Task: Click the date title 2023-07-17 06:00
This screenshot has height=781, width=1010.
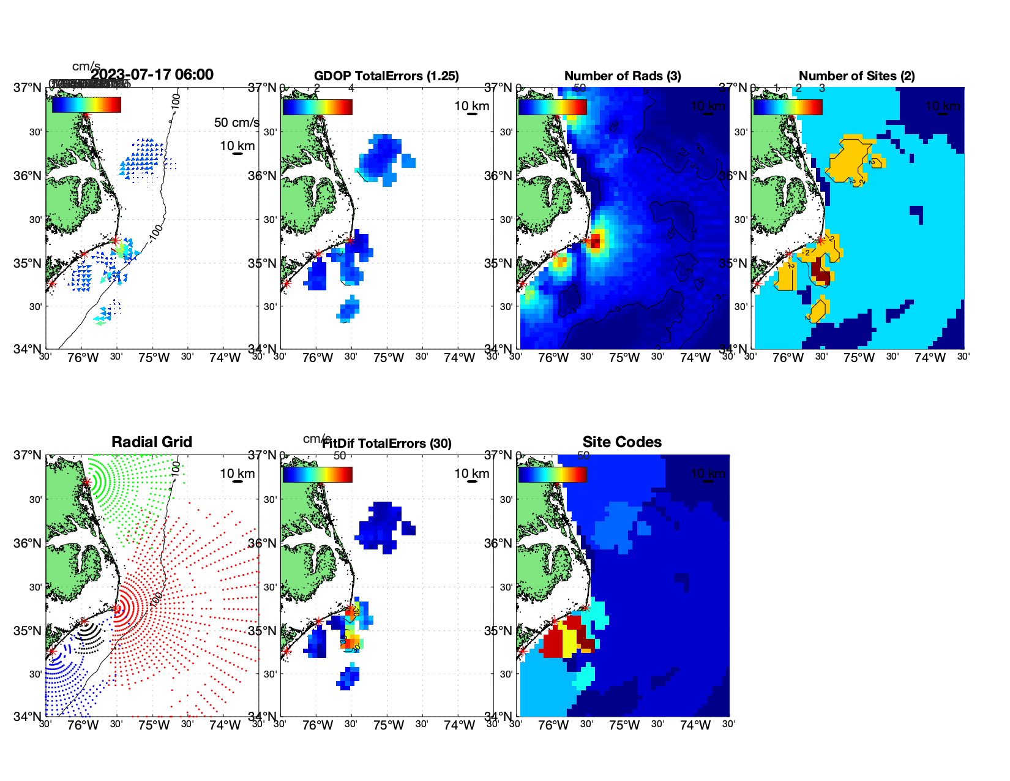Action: point(152,75)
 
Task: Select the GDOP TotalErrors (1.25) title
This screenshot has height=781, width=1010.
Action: point(386,76)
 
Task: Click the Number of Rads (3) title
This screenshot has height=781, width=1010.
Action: point(623,76)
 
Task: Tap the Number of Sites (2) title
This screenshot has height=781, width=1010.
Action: point(857,76)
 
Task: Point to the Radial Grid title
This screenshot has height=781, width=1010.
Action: point(152,442)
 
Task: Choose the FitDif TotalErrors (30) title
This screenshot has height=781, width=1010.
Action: point(387,443)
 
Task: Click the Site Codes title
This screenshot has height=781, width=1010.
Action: point(622,442)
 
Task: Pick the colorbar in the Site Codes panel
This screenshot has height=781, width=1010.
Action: point(552,475)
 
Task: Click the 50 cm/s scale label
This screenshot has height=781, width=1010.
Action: point(236,123)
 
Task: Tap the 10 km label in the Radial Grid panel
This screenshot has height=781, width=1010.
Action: point(238,474)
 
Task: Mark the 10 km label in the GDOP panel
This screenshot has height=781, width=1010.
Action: point(472,106)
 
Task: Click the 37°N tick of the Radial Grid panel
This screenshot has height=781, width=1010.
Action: point(28,455)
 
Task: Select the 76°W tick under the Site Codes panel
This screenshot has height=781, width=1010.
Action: point(553,725)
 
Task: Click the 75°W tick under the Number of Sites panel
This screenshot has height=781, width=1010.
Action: point(859,358)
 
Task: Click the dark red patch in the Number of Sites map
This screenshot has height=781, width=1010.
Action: point(821,272)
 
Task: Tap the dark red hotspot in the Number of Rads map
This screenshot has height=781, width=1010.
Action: point(596,241)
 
